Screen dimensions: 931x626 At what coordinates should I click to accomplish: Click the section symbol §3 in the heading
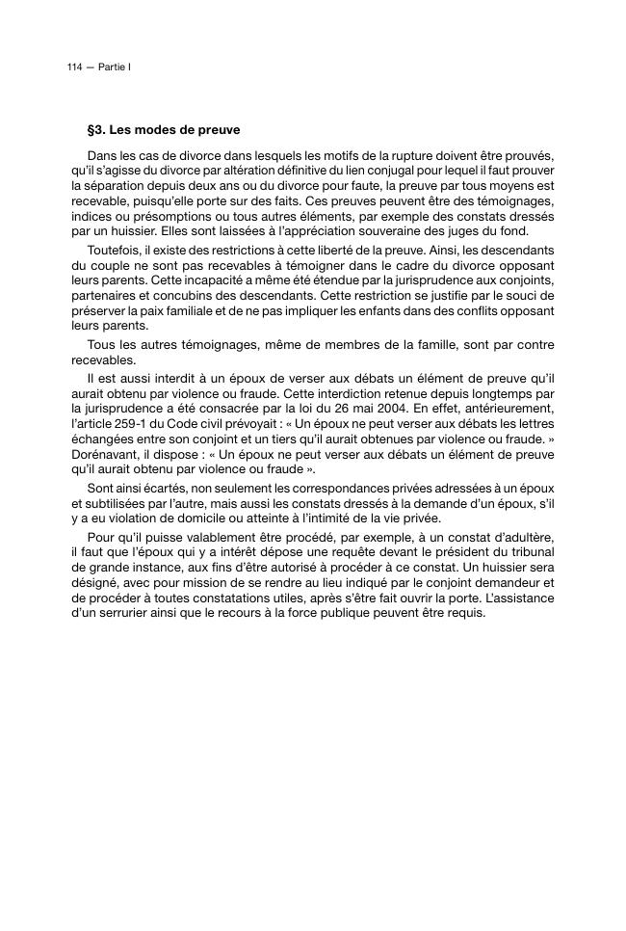tap(96, 129)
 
